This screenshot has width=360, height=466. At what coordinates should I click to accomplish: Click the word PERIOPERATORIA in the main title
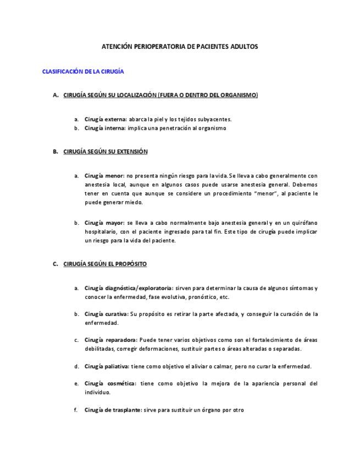click(160, 47)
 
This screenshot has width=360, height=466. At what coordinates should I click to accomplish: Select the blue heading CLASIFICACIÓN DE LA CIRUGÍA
click(83, 71)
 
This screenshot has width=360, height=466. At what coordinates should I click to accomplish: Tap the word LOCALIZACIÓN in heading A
click(133, 95)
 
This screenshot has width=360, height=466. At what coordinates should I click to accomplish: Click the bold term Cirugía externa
click(105, 119)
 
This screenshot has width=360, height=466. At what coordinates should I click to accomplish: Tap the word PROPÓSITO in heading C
click(130, 264)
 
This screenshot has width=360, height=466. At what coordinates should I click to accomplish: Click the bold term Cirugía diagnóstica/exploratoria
click(128, 287)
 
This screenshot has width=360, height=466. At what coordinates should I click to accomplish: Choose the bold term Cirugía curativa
click(106, 314)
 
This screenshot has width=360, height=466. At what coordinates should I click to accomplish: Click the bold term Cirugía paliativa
click(106, 366)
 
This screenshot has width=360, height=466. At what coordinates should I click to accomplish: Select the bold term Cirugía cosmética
click(109, 383)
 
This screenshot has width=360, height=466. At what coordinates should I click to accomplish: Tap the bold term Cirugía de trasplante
click(113, 410)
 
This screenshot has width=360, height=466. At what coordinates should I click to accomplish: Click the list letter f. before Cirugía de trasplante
click(76, 410)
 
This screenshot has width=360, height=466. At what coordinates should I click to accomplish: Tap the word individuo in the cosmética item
click(97, 392)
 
